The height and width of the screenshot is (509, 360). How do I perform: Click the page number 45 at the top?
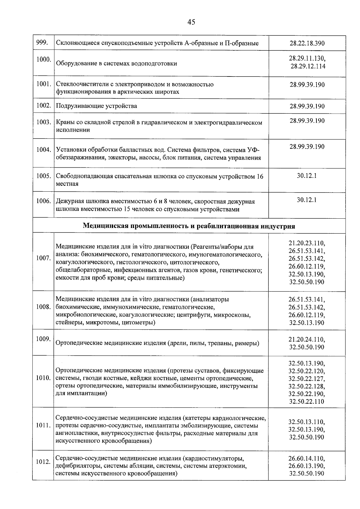191,22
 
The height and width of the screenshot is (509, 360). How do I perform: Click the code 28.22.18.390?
307,43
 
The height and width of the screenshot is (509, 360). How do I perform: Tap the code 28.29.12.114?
308,66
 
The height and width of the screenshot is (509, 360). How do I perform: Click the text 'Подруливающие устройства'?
97,106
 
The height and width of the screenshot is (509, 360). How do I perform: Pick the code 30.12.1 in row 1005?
307,175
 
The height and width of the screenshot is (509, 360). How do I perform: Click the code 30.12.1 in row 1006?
307,200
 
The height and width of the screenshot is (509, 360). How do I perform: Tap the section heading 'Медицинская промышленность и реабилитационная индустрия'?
189,226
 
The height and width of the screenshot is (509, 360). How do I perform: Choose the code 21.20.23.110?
307,243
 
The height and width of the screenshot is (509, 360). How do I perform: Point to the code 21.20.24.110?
307,340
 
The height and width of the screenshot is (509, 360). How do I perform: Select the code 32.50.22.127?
307,378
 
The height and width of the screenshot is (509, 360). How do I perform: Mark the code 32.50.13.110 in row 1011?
307,421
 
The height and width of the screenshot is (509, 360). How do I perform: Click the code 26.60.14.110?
307,459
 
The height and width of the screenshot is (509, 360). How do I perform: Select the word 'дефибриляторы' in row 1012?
76,466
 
